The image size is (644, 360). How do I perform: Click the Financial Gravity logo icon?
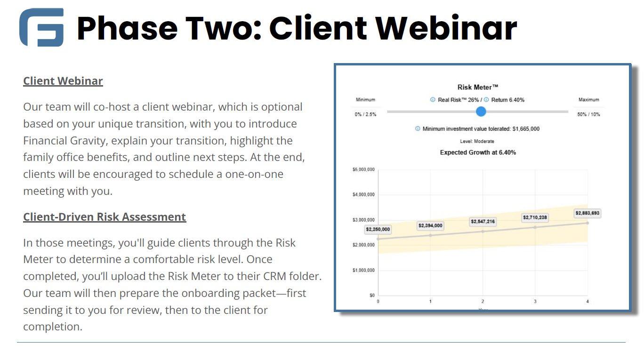(x=41, y=27)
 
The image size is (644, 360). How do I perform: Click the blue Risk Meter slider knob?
(x=481, y=112)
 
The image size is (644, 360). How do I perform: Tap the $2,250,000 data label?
(x=378, y=229)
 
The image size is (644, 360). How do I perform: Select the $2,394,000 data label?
(x=430, y=225)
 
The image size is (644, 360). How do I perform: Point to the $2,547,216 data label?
(x=483, y=222)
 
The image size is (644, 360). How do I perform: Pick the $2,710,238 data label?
(x=535, y=217)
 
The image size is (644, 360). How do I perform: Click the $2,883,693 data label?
(x=587, y=213)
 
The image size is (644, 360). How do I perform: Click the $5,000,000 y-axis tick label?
(x=363, y=169)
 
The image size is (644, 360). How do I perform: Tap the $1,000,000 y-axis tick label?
(x=363, y=271)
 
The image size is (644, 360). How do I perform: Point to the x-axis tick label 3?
(x=535, y=301)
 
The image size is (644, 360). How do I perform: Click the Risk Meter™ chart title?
(x=477, y=87)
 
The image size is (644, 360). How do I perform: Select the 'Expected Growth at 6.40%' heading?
(x=478, y=152)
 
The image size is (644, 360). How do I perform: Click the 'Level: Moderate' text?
(x=477, y=141)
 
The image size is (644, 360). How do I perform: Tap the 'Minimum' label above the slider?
(x=365, y=100)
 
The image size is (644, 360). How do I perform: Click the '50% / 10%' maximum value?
(x=588, y=114)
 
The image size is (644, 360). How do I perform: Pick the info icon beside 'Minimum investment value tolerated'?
(x=418, y=129)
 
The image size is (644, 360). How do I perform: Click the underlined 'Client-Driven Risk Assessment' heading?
(x=105, y=217)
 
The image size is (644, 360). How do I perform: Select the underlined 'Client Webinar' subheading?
(x=63, y=81)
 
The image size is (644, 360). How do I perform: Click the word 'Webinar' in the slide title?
(x=446, y=28)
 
